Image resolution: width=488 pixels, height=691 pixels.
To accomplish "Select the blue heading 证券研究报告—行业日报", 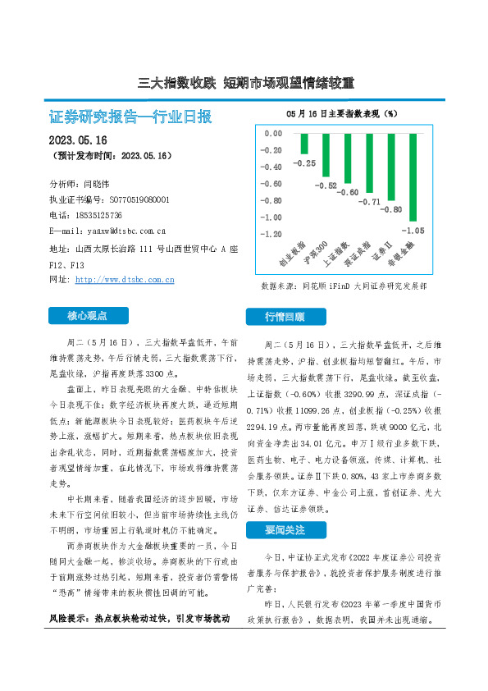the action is tap(131, 117).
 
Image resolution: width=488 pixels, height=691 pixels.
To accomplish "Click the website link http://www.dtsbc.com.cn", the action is tap(125, 280).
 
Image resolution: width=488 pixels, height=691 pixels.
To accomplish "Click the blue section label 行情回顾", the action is tap(284, 316).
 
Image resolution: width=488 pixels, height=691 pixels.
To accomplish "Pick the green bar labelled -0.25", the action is tap(303, 144).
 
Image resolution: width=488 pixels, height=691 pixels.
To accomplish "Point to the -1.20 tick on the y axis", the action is tap(271, 234).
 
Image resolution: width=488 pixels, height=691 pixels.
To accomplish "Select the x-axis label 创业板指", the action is tap(293, 256).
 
